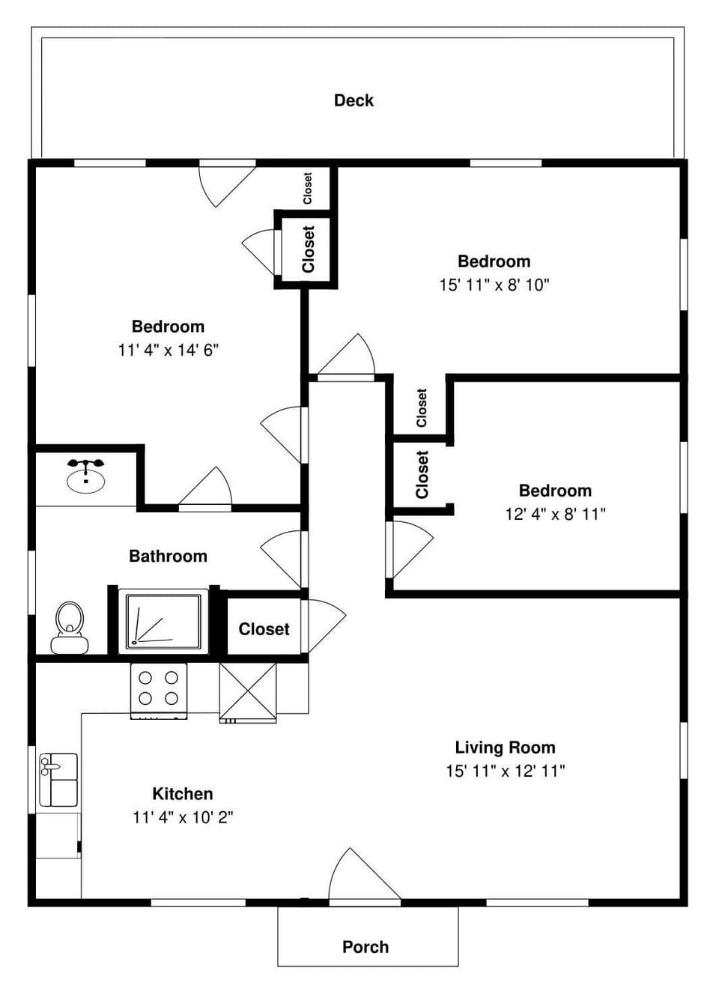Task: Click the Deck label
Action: pos(354,100)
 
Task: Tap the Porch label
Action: pos(365,947)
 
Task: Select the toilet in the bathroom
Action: pos(70,628)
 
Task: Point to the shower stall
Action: pos(163,621)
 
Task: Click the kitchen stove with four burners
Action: pos(159,690)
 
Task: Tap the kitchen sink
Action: pos(58,779)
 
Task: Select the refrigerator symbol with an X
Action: pos(247,692)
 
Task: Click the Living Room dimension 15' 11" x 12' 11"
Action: pos(505,771)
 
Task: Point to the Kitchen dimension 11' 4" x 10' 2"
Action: pos(183,817)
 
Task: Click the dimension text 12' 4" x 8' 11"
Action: pos(555,514)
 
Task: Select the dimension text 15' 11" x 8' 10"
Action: pos(494,285)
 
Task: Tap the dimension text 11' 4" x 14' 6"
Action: pos(168,350)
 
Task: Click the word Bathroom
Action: pos(168,556)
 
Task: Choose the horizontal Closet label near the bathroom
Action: pos(264,629)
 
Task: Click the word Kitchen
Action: pos(183,794)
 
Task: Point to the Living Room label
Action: pos(505,748)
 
